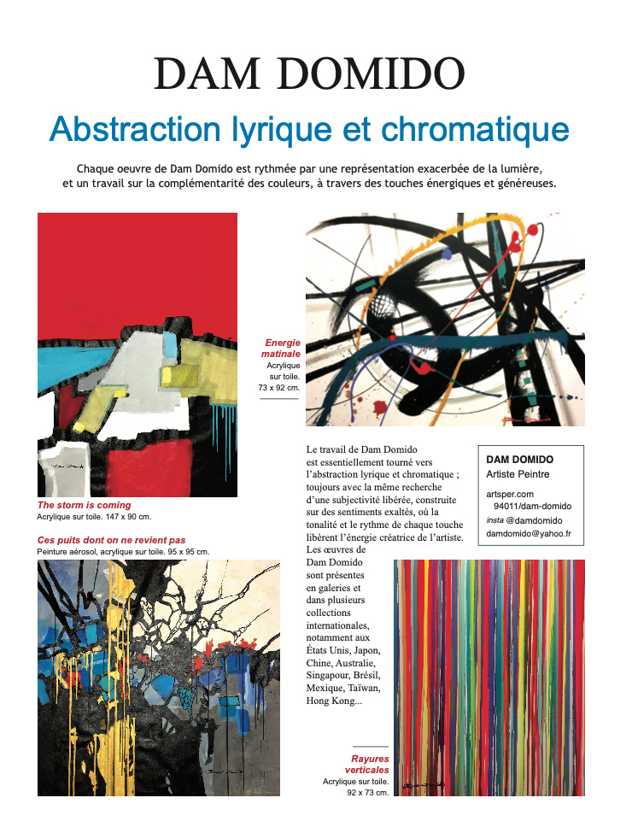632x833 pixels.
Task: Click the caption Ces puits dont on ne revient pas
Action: tap(111, 540)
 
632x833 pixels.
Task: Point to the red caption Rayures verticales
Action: tap(370, 764)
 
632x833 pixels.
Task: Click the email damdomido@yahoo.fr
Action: tap(529, 534)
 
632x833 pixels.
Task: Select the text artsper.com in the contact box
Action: tap(510, 494)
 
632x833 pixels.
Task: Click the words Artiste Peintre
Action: tap(518, 474)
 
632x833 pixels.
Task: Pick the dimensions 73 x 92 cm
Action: tap(279, 388)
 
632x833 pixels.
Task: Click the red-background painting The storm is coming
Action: tap(138, 355)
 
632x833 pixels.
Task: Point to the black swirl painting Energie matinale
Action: tap(445, 319)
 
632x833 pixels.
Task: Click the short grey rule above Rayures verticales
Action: tap(370, 748)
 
